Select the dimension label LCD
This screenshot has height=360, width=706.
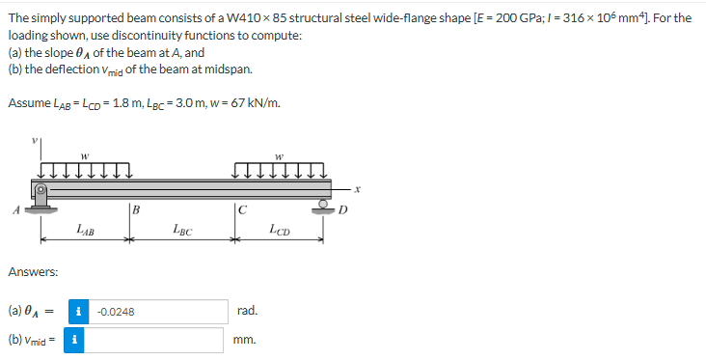[x=280, y=230]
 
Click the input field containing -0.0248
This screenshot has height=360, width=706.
[x=158, y=312]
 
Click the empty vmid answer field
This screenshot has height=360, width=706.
[x=158, y=341]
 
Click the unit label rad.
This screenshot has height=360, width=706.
[x=246, y=312]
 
